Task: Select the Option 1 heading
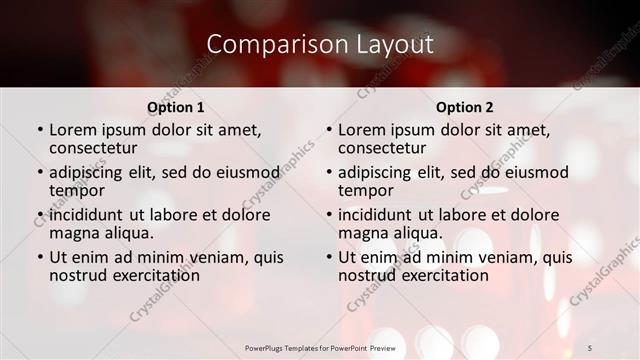click(x=176, y=106)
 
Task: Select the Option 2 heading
click(x=465, y=106)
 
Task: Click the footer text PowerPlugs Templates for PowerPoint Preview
click(x=320, y=347)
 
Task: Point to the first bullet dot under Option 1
click(x=39, y=130)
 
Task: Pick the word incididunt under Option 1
click(x=86, y=214)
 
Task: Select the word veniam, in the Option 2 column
click(x=505, y=257)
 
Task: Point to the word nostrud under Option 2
click(x=368, y=274)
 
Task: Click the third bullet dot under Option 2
click(x=328, y=215)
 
